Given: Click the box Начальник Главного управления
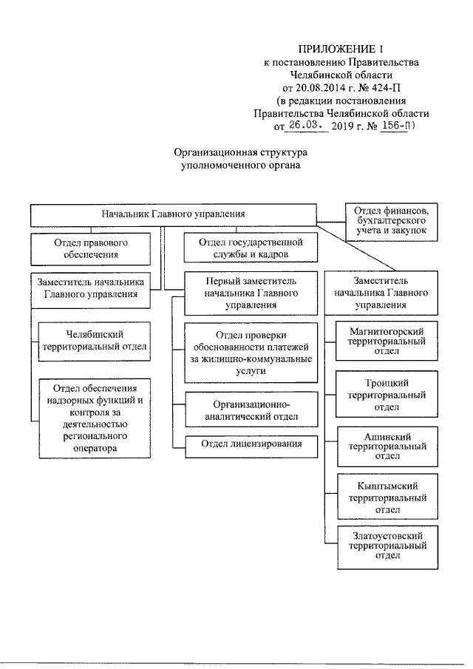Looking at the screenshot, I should coord(173,214).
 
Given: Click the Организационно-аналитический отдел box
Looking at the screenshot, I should coord(246,411).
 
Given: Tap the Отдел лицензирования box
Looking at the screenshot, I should coord(246,446).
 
